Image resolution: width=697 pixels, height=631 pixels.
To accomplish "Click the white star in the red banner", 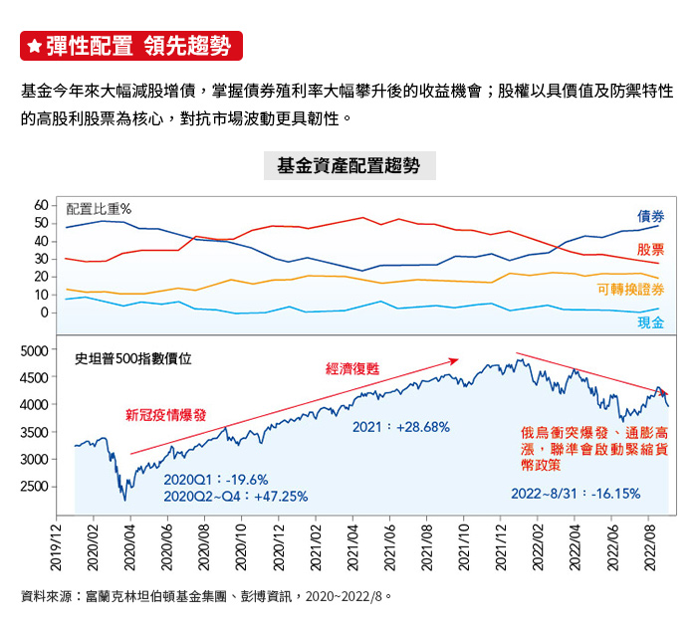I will [x=34, y=46].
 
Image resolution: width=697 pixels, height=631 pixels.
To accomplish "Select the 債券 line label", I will [x=650, y=216].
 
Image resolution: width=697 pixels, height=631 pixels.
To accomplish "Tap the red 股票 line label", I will [x=650, y=250].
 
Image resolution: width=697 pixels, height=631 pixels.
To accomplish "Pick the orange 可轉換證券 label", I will [x=630, y=290].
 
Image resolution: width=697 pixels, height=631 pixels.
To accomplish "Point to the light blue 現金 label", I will [x=650, y=322].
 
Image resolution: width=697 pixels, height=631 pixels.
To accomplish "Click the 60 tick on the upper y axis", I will [x=41, y=204].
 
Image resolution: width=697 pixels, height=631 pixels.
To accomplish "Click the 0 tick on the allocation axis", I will [x=44, y=313].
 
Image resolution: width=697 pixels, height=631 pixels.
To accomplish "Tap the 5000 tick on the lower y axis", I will [x=34, y=350].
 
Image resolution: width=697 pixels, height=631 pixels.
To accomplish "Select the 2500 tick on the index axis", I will [x=34, y=487].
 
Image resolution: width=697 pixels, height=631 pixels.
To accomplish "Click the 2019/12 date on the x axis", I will [x=57, y=550].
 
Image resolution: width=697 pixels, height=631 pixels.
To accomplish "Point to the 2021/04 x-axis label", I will [x=352, y=550].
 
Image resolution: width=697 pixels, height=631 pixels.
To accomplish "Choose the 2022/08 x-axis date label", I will [x=648, y=550].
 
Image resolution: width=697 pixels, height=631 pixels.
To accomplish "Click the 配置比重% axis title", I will [x=99, y=209].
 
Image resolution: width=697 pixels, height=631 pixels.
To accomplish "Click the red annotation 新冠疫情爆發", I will [x=165, y=415].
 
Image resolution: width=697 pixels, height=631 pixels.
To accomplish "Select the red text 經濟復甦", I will [x=352, y=368].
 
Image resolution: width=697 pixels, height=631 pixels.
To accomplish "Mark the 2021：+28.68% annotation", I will [x=401, y=427].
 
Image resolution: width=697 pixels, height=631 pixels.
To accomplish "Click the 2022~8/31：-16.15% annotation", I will [x=576, y=493].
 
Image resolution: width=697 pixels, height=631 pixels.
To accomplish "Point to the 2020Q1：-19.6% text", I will [x=216, y=480].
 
